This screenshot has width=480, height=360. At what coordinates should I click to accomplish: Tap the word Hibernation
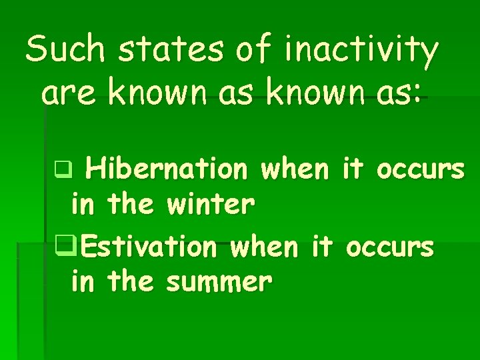coord(166,171)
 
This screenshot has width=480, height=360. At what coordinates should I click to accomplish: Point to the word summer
coord(219,283)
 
